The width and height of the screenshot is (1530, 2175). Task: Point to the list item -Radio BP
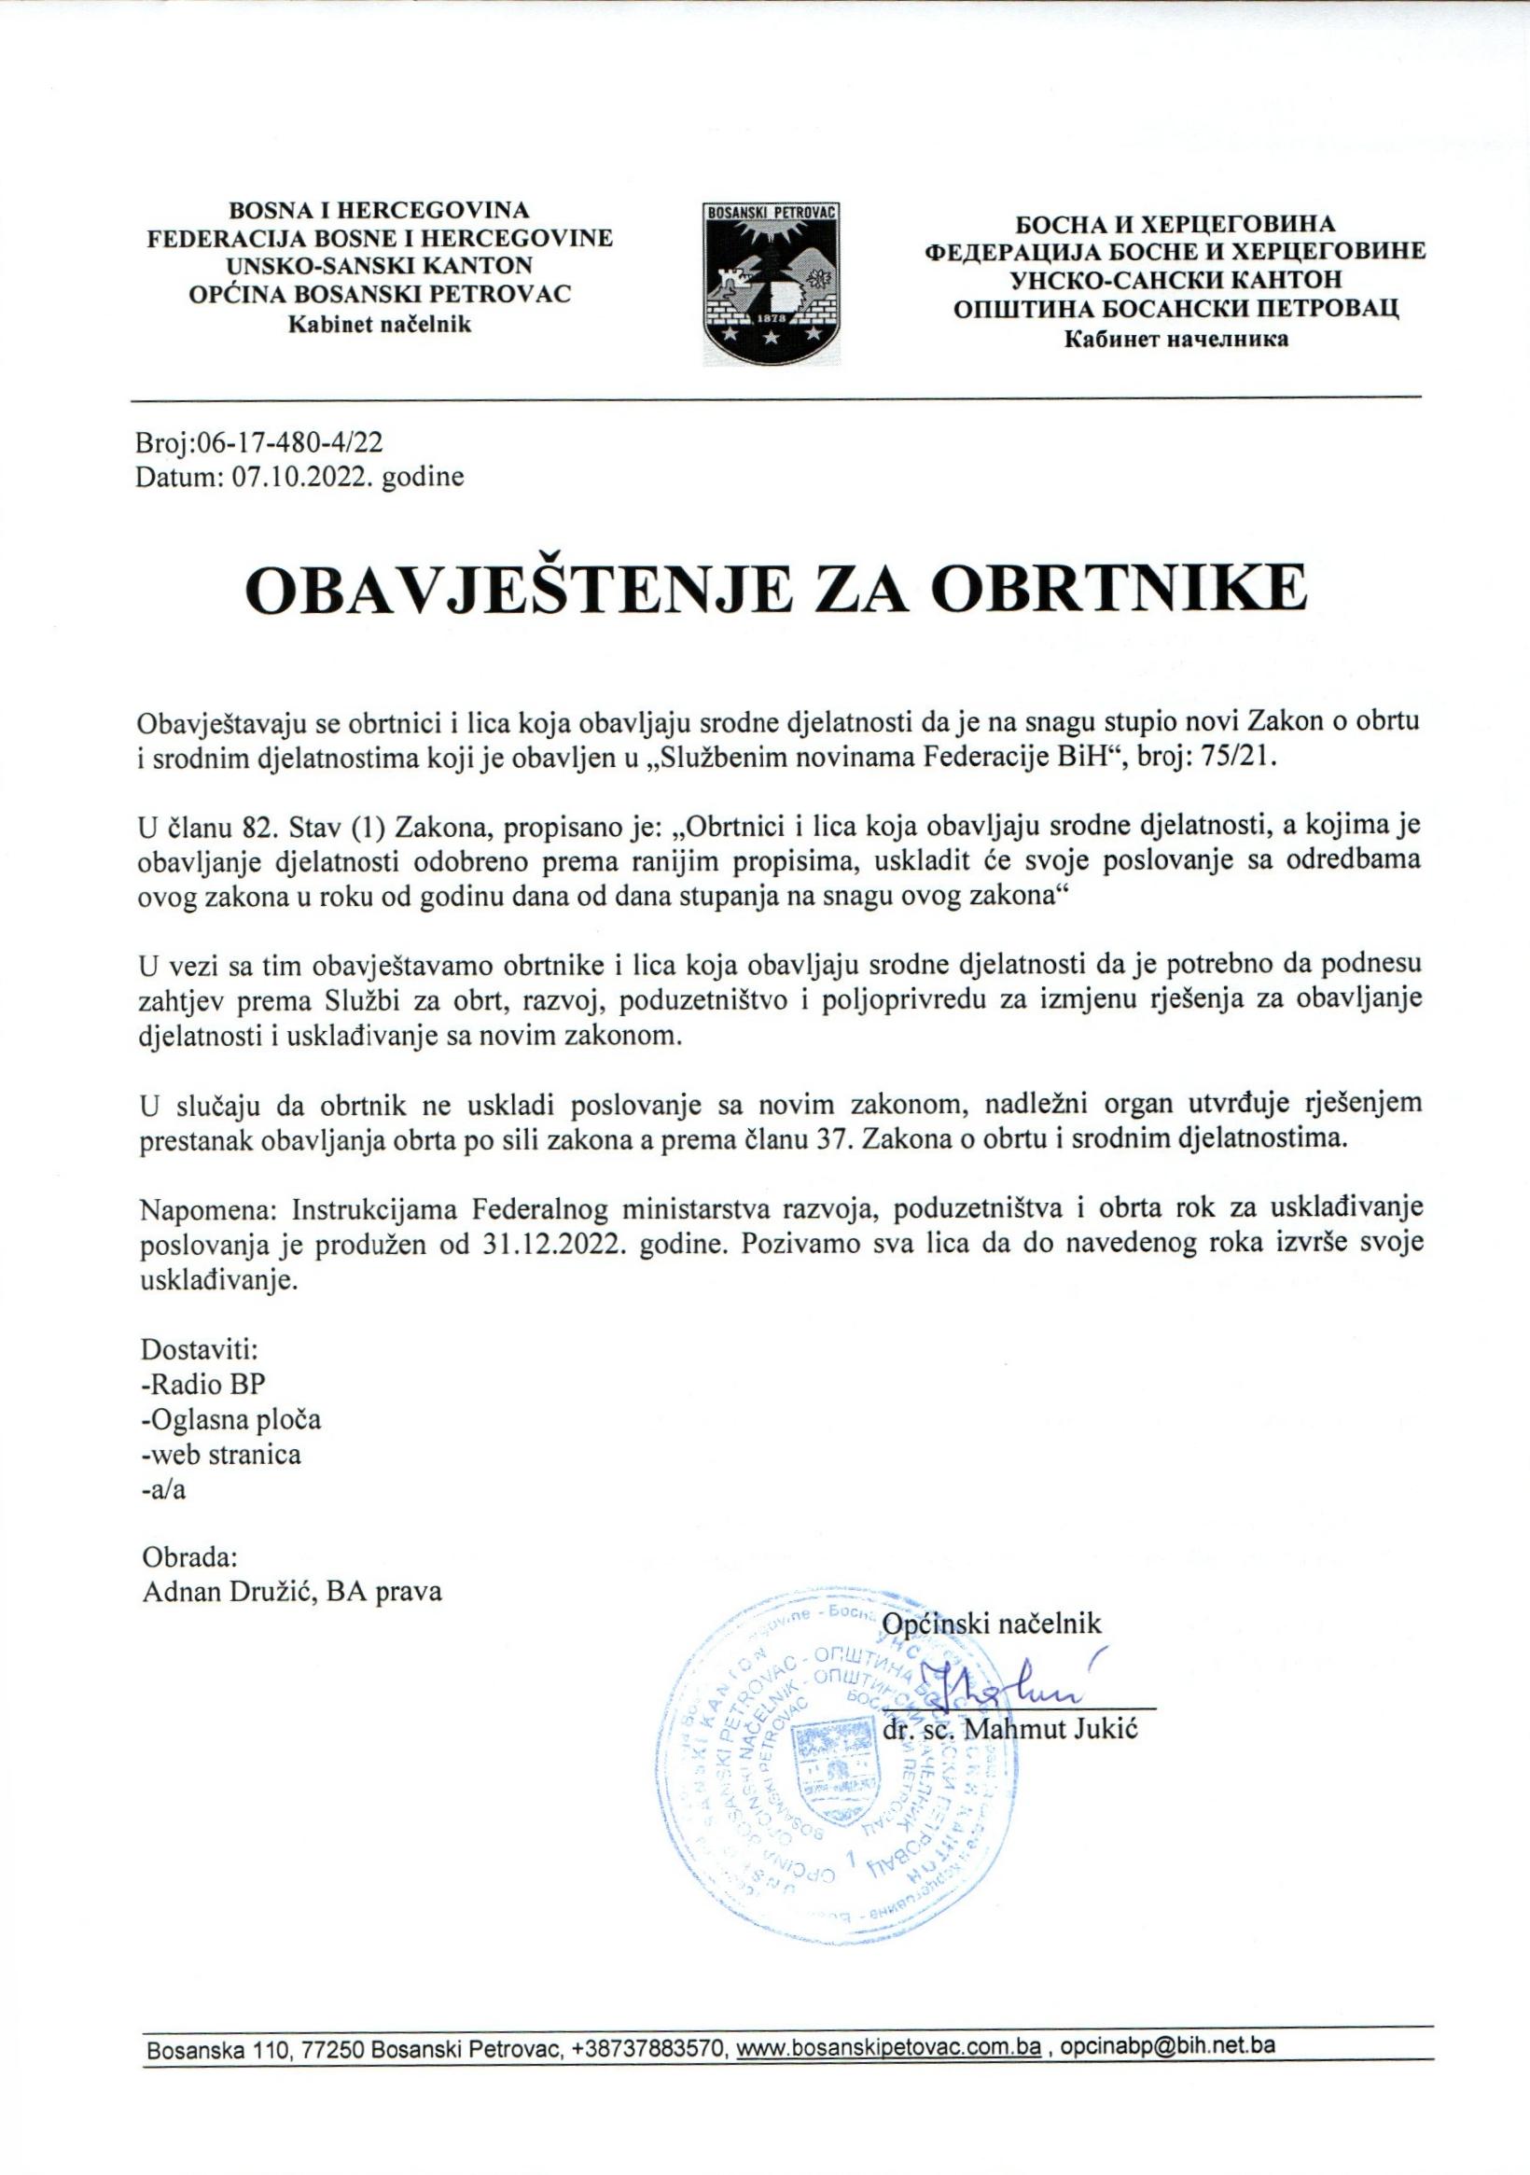coord(203,1382)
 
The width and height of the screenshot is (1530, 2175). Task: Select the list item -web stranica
coord(221,1453)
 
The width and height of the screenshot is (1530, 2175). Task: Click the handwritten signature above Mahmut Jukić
coord(1004,1688)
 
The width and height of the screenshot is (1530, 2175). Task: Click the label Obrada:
coord(189,1557)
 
